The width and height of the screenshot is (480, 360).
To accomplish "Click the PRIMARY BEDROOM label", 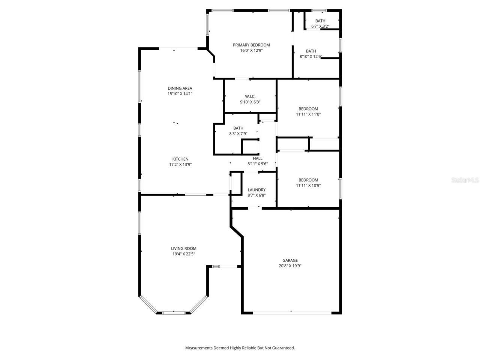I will tap(251, 45).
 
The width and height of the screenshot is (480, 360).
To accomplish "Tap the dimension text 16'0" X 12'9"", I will tap(251, 50).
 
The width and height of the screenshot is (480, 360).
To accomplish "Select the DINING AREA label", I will tap(180, 88).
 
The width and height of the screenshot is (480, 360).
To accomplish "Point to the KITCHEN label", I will tap(180, 159).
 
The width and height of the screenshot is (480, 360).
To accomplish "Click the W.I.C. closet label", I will tap(250, 96).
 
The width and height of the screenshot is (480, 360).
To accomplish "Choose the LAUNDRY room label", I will tap(256, 190).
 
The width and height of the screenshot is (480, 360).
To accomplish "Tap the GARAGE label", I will tap(290, 260).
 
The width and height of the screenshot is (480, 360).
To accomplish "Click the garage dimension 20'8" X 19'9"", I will tap(290, 266).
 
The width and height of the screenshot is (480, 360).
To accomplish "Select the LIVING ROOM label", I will tap(184, 248).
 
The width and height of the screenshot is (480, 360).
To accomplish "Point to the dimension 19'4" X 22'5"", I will tap(184, 254).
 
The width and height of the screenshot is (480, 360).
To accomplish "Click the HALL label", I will tap(258, 158).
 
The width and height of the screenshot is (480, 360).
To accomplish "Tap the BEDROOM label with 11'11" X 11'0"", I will tap(308, 109).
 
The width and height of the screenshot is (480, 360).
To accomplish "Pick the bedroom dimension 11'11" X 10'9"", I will tap(308, 185).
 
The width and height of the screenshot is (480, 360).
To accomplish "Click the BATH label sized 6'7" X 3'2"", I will tap(320, 21).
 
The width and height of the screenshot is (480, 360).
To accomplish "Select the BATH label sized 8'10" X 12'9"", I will tap(311, 51).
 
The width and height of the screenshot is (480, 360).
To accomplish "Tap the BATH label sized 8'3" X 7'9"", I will tap(238, 128).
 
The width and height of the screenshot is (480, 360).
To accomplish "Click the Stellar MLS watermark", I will tap(465, 180).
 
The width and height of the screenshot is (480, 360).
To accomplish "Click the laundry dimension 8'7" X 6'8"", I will tap(256, 195).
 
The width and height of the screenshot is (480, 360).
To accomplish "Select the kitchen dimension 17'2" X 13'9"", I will tap(180, 164).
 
